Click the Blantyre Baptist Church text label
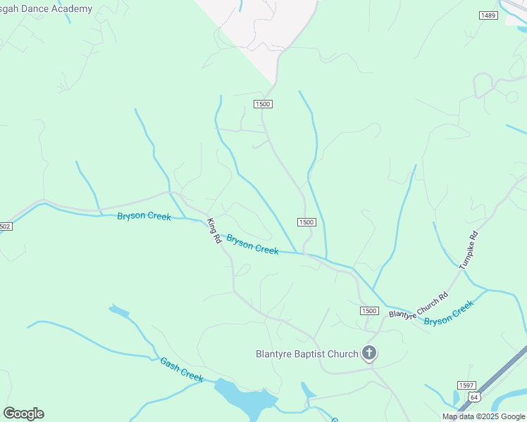306,354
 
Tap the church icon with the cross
368,353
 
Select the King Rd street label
214,231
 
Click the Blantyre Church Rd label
418,306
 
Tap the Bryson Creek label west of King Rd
144,216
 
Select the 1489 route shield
488,15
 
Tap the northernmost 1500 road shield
263,104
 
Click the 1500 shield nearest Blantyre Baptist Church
369,311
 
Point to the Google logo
23,414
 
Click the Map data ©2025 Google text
483,416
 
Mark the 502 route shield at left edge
5,226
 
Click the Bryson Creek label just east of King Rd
252,245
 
